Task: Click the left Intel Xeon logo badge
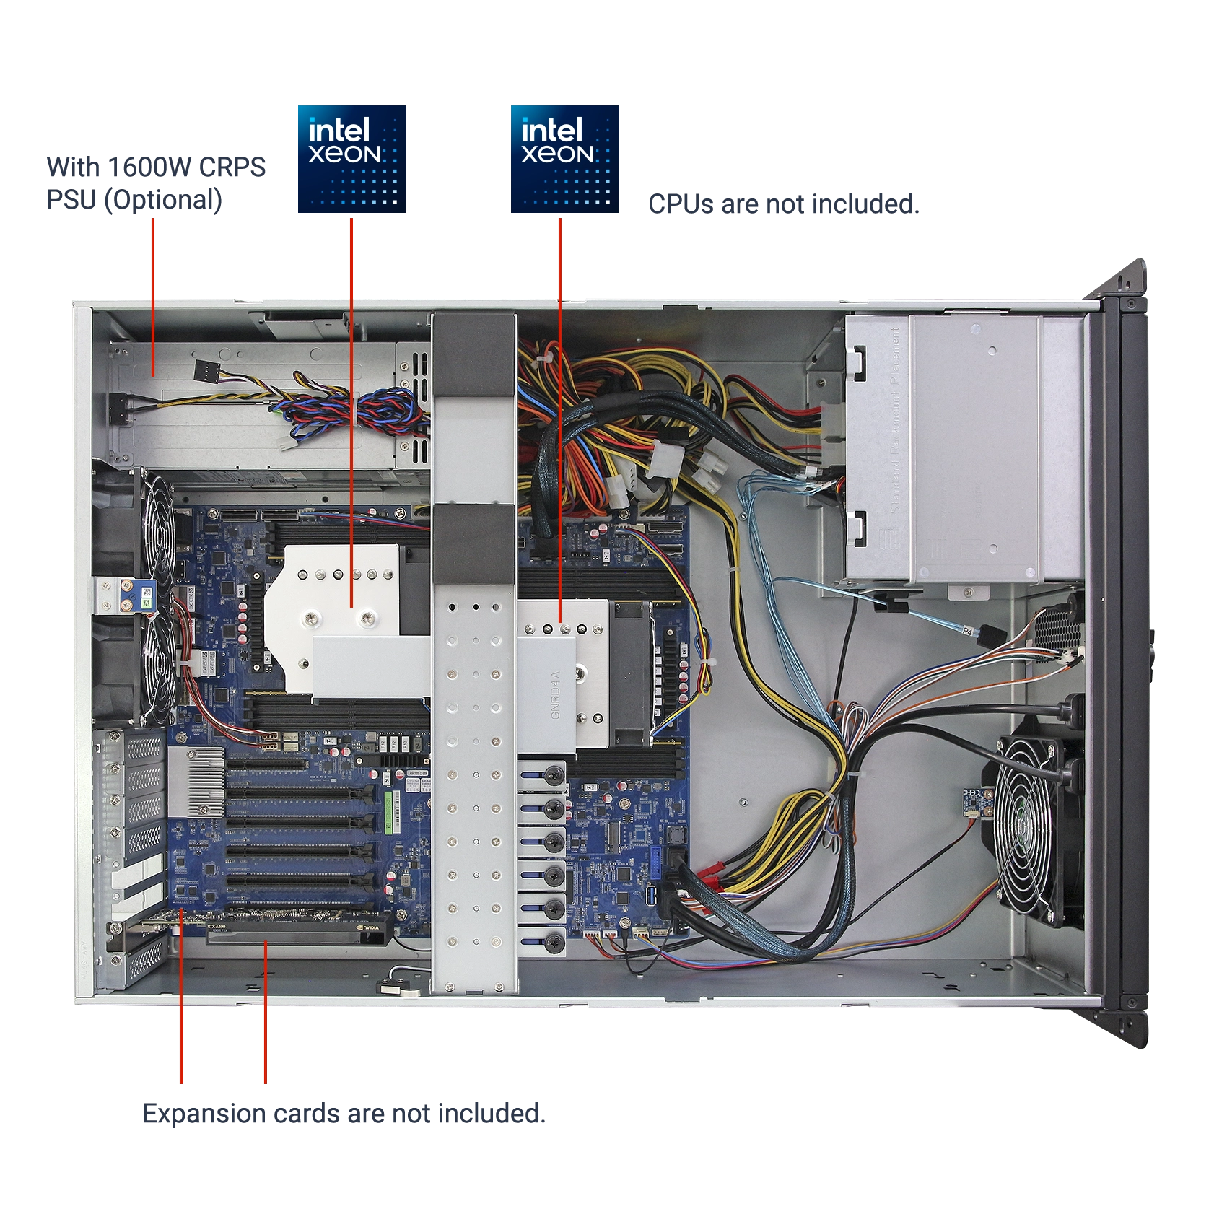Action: pyautogui.click(x=351, y=158)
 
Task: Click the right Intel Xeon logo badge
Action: pyautogui.click(x=565, y=158)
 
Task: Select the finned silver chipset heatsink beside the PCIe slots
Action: pyautogui.click(x=196, y=782)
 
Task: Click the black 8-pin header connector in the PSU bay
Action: pyautogui.click(x=207, y=372)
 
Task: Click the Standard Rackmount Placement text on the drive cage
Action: pyautogui.click(x=895, y=419)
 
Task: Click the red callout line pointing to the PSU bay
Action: pyautogui.click(x=153, y=289)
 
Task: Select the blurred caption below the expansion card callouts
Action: pyautogui.click(x=343, y=1114)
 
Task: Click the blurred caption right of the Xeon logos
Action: pyautogui.click(x=784, y=203)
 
